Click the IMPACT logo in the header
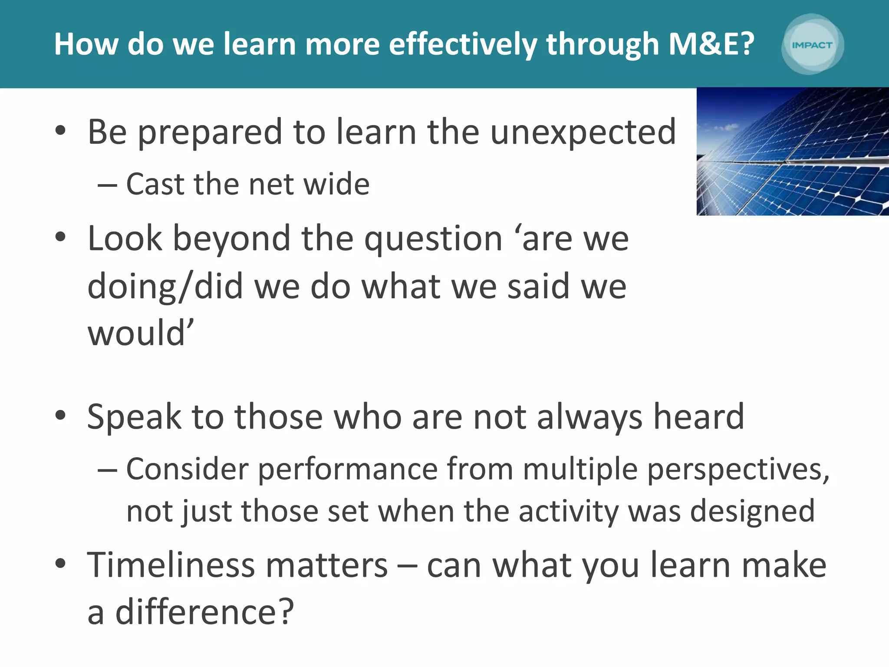[x=812, y=45]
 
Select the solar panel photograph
[x=793, y=152]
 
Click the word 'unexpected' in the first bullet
[x=583, y=132]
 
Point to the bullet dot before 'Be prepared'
[x=60, y=130]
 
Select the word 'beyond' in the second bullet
[x=231, y=239]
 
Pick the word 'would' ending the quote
[x=137, y=333]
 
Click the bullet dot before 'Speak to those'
[x=60, y=415]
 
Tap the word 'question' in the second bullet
[x=433, y=239]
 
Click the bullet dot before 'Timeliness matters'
[x=60, y=564]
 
